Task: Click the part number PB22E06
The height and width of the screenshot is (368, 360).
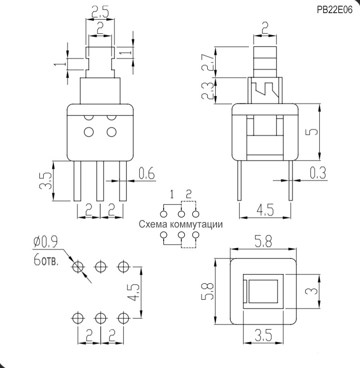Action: click(334, 10)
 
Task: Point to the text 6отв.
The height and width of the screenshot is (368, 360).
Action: click(46, 260)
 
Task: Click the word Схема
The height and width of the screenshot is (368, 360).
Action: click(153, 224)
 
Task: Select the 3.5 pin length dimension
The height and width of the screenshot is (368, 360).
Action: click(45, 181)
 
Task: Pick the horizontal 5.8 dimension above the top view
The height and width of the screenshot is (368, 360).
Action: click(264, 243)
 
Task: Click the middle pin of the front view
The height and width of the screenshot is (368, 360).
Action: click(99, 181)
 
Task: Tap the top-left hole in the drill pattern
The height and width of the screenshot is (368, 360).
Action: click(77, 267)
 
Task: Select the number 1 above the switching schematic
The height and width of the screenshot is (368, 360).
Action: click(172, 194)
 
